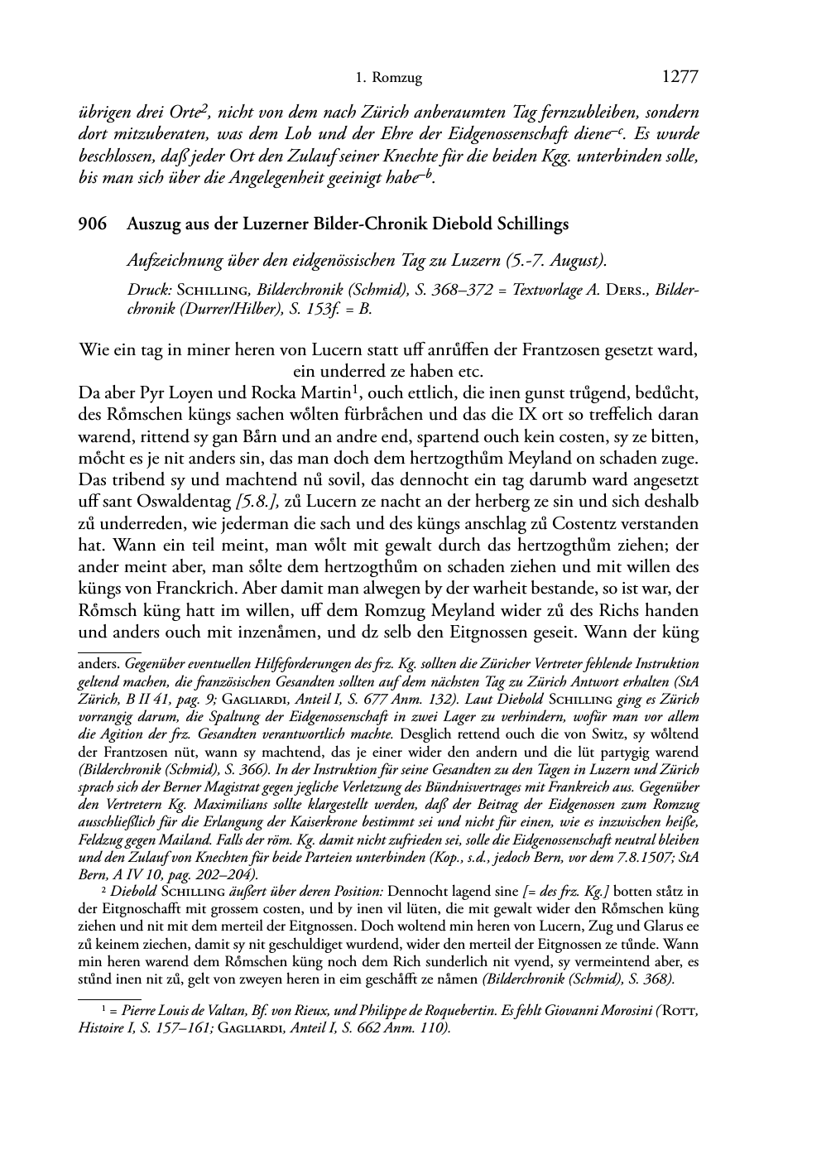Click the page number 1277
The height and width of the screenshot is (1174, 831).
[680, 78]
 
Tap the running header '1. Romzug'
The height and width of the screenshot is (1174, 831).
[388, 79]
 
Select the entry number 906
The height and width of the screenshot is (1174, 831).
[92, 224]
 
